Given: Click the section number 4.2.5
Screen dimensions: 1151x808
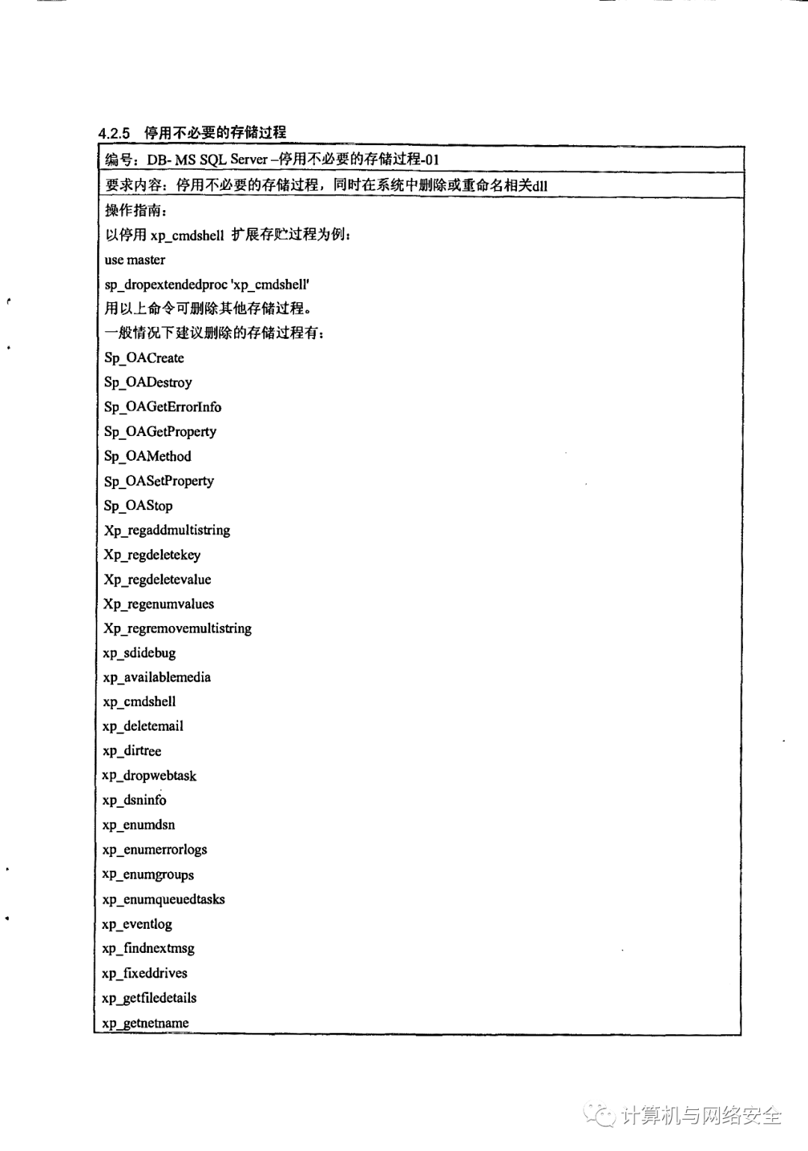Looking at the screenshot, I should (114, 133).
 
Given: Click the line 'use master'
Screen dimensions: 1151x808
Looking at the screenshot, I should (135, 260).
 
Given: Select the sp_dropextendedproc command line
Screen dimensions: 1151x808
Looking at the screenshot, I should (206, 284).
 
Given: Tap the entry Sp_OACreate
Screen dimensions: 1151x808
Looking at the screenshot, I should (144, 357).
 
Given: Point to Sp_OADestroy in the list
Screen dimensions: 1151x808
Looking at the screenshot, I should (148, 382).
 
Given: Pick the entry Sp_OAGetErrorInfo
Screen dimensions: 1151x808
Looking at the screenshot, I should (162, 407).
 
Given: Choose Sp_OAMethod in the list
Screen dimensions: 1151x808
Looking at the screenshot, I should (147, 456).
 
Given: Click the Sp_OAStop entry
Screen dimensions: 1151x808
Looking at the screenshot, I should (138, 506).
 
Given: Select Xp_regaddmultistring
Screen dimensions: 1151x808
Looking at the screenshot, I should (167, 530).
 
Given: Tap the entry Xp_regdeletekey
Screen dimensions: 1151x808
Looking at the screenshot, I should (152, 555).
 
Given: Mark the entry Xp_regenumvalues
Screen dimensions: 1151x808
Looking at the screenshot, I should (159, 604).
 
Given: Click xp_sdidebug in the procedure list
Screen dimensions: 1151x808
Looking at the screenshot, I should (139, 653).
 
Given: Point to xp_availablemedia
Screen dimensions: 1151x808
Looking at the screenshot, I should (156, 678).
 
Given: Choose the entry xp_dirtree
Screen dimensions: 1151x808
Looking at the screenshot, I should (132, 751).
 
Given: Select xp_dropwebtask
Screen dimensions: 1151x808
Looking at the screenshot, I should (149, 776).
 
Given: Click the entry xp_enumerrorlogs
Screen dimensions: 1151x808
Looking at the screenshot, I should (154, 850).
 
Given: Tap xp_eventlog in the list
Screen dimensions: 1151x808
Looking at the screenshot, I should (137, 924).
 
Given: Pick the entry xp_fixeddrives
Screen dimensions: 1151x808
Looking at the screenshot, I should (144, 973).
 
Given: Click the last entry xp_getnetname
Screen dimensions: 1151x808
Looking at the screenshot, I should (145, 1022).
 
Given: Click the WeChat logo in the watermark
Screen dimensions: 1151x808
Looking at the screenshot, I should (599, 1115).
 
